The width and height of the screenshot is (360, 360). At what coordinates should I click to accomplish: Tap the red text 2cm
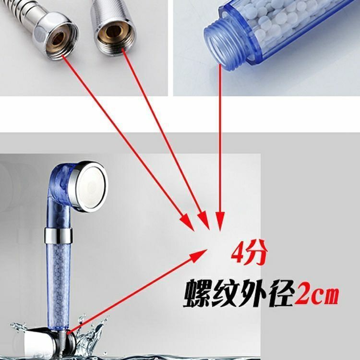click(316, 294)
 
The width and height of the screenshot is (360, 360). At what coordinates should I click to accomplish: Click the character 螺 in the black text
click(197, 293)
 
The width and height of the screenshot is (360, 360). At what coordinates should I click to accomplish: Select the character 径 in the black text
click(281, 293)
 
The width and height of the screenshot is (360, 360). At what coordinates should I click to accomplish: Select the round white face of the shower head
click(92, 186)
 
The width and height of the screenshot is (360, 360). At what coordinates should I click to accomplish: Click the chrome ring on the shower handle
click(59, 235)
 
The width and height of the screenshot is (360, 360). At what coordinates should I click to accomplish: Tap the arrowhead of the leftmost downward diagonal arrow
click(187, 222)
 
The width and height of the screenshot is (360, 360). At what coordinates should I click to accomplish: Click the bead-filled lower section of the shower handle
click(59, 285)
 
